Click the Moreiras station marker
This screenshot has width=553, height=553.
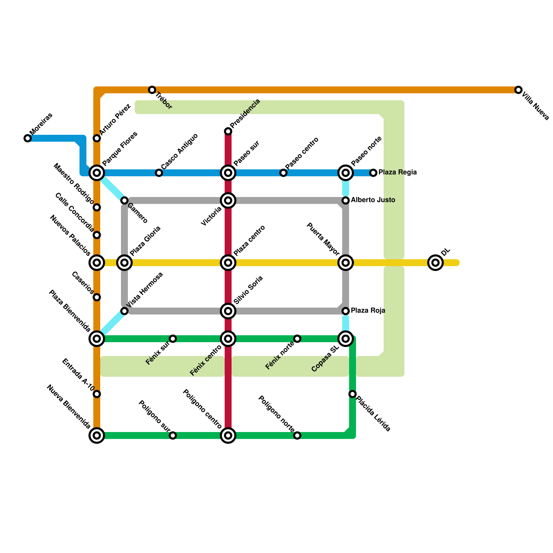click(x=28, y=138)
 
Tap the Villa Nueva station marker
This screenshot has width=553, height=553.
click(x=518, y=90)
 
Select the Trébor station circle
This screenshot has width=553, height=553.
click(x=152, y=90)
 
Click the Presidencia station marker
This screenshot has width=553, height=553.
click(x=228, y=131)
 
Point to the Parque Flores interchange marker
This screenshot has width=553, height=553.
click(x=97, y=172)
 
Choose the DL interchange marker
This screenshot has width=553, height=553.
click(x=435, y=263)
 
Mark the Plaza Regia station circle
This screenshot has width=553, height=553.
click(x=373, y=172)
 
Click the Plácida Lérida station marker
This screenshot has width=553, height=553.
click(x=353, y=394)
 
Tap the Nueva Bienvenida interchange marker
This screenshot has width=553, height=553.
click(x=97, y=435)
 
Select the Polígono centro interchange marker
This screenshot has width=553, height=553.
click(x=228, y=435)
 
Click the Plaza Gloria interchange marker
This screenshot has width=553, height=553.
click(x=125, y=263)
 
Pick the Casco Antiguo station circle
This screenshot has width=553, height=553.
click(x=159, y=172)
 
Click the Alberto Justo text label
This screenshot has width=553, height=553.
click(x=373, y=200)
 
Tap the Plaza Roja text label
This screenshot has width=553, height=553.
click(x=368, y=311)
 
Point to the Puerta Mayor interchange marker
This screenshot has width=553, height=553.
click(x=346, y=263)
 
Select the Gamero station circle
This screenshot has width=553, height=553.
click(x=125, y=200)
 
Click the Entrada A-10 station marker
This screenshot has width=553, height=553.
click(x=97, y=394)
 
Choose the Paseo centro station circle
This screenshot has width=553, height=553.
click(x=283, y=172)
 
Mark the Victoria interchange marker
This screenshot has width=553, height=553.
click(x=228, y=200)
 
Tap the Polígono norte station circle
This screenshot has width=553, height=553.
click(x=297, y=435)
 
